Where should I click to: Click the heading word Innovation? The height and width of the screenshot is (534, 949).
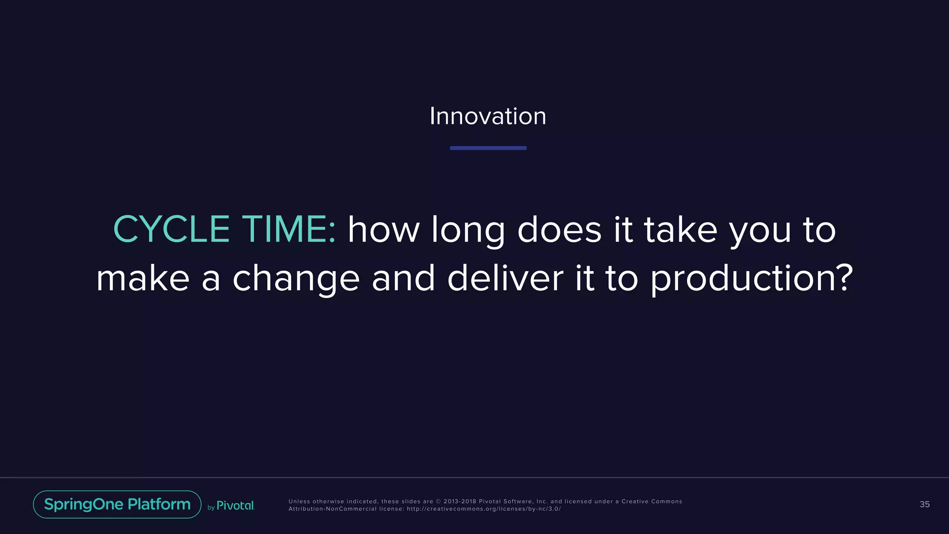(487, 116)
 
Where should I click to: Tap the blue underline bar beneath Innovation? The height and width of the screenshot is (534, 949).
(488, 148)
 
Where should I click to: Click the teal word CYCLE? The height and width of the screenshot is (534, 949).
(171, 229)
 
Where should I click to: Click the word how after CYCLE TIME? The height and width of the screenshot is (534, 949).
(384, 229)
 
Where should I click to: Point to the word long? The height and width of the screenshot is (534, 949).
(468, 230)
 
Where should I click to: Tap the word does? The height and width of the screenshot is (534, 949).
(559, 229)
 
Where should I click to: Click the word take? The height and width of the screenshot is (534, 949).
(681, 229)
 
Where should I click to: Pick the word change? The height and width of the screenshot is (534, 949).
(296, 279)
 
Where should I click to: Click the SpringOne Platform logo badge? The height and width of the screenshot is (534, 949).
(117, 504)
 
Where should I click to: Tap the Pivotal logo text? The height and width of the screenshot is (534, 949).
(235, 506)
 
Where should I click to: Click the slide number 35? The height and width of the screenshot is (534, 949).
(924, 504)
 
